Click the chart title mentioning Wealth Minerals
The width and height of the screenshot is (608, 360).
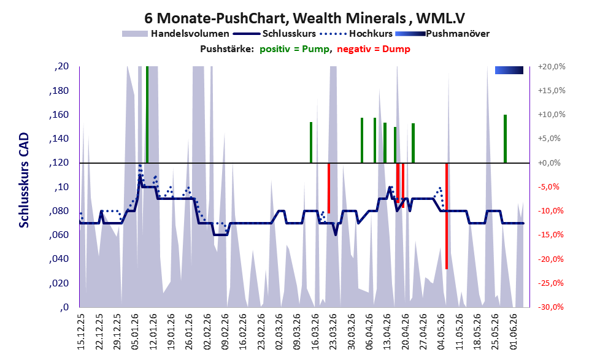(x=304, y=18)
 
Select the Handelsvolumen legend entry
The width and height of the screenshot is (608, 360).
(x=175, y=34)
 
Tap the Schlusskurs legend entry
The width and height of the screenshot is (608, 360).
(x=275, y=34)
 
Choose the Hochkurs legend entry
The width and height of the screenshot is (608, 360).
(x=356, y=34)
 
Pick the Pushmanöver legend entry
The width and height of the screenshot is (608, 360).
(x=442, y=34)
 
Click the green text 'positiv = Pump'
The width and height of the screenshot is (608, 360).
(x=294, y=49)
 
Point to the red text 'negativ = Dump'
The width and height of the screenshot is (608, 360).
(x=374, y=49)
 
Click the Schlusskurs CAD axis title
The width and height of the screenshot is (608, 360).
(x=24, y=180)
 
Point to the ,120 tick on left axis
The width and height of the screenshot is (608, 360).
(x=60, y=163)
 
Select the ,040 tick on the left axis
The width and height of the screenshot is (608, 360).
(x=60, y=259)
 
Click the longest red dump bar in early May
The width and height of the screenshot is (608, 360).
(x=447, y=216)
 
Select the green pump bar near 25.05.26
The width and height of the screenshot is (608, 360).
(x=506, y=139)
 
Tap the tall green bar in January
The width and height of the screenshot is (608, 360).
(x=147, y=115)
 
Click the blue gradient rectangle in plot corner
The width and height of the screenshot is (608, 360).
(x=509, y=70)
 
